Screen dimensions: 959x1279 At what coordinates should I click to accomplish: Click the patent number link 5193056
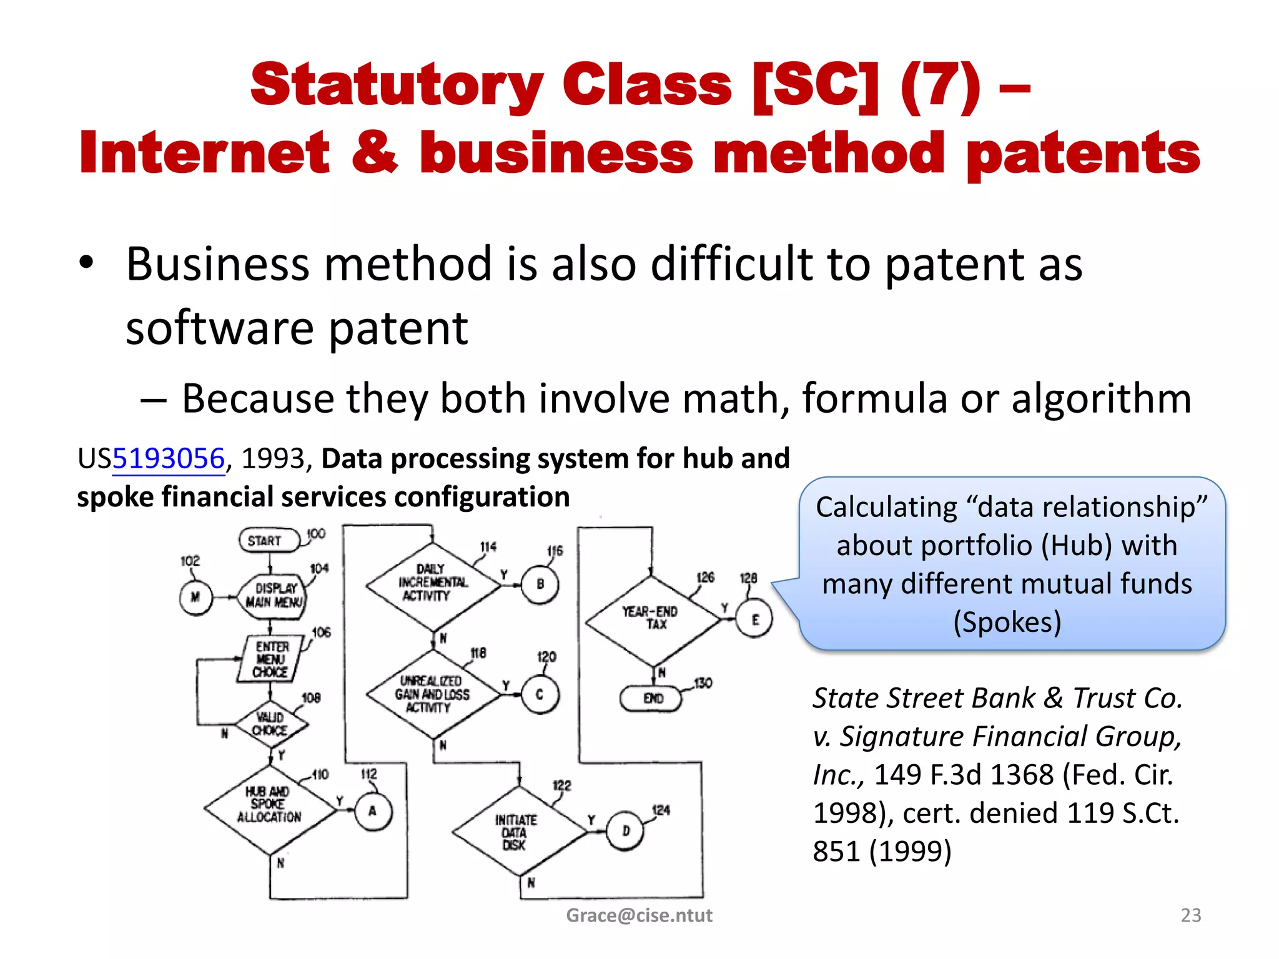coord(168,459)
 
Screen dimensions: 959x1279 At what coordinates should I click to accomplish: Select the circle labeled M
coord(195,598)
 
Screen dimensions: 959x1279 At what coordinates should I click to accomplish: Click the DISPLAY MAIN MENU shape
coord(273,596)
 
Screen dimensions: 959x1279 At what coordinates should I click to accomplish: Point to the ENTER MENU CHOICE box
coord(270,659)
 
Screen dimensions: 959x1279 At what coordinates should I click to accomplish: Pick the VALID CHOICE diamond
coord(270,724)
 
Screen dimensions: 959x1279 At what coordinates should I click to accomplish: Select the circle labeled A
coord(373,811)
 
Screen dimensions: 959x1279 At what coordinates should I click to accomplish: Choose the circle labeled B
coord(540,584)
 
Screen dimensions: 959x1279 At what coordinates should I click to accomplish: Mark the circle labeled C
coord(540,694)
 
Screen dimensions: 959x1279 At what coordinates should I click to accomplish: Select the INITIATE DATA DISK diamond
coord(516,832)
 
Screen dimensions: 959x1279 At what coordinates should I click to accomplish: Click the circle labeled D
coord(625,831)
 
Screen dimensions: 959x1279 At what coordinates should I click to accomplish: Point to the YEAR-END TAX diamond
coord(653,619)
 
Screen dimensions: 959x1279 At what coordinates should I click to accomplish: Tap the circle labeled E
coord(755,619)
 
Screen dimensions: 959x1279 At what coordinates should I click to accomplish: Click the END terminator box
coord(651,698)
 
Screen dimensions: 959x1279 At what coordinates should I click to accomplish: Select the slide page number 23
coord(1190,915)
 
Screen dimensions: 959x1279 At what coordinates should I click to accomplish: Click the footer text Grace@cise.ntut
coord(639,915)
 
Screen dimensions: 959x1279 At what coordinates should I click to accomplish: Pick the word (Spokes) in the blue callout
coord(1007,622)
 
